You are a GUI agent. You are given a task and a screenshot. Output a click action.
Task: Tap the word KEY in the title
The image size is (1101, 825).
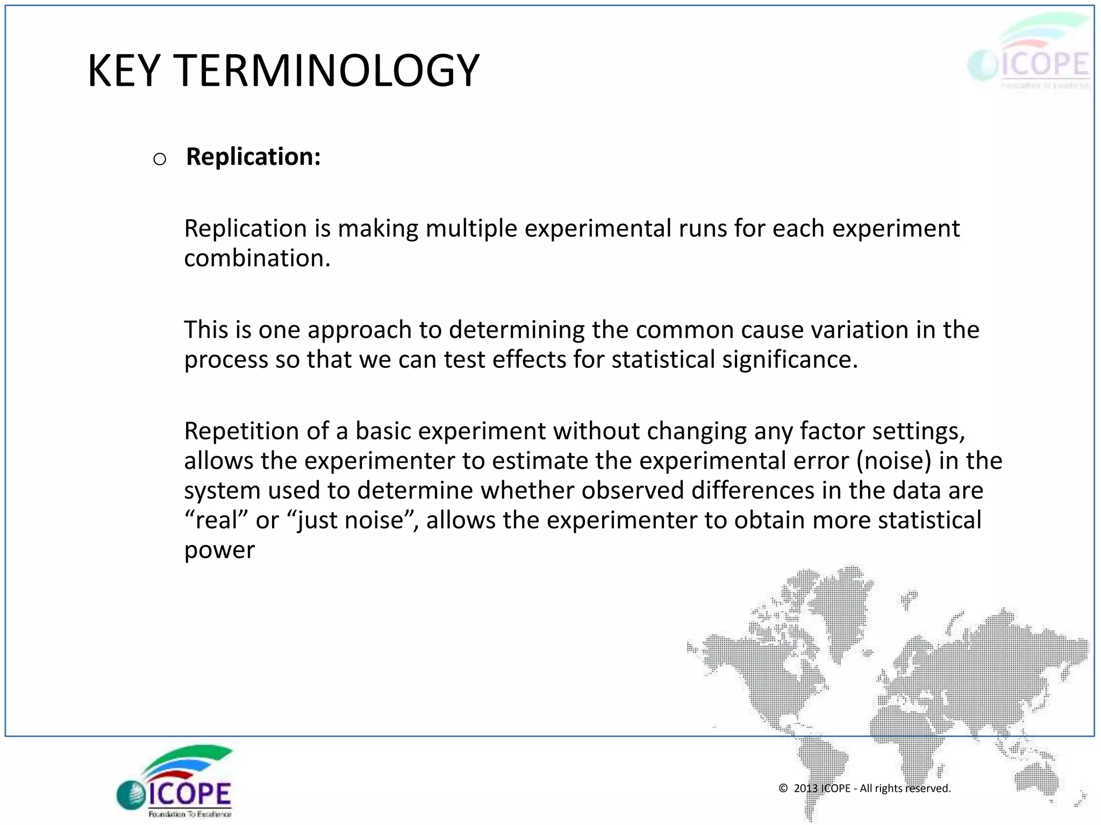click(124, 71)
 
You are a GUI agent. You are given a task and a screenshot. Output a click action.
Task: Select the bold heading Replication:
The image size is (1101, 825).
click(253, 157)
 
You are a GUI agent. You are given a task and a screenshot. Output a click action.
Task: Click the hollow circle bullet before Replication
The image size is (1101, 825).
click(160, 159)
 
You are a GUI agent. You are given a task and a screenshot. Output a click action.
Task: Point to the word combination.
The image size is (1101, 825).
click(256, 258)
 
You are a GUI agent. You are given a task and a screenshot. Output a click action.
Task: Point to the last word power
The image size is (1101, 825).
click(219, 551)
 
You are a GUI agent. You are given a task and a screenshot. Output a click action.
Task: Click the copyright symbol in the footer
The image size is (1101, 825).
click(783, 788)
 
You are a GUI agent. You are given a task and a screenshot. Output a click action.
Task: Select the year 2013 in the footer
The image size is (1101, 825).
click(805, 788)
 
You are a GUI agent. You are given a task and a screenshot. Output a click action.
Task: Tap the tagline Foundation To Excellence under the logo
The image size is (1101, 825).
click(190, 814)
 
